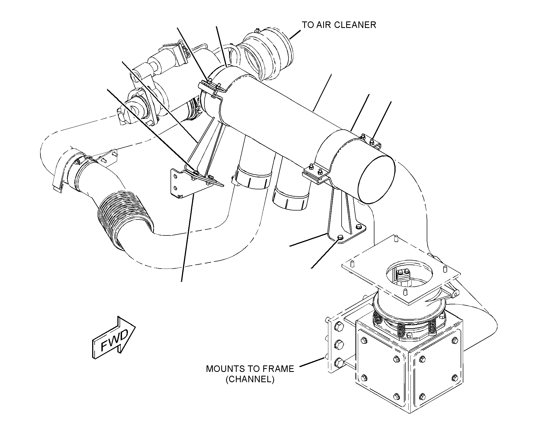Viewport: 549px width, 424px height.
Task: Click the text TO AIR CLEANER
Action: point(339,25)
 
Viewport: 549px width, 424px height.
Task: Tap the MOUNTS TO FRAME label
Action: point(250,369)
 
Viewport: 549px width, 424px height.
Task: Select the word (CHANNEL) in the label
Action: point(250,379)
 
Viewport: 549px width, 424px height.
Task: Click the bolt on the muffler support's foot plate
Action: point(339,238)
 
